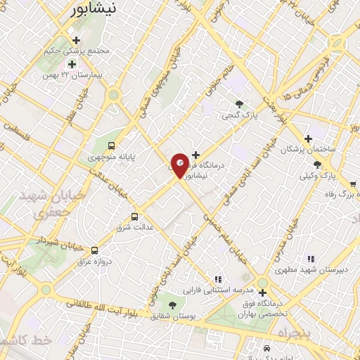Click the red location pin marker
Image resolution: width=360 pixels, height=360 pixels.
click(x=180, y=164)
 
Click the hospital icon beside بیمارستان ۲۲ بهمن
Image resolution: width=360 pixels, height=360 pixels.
click(x=71, y=65)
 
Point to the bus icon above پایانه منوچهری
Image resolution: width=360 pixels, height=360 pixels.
click(x=112, y=145)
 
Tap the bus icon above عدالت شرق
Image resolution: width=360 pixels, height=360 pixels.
click(x=135, y=217)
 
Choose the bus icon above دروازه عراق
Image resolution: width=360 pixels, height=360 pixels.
click(x=94, y=250)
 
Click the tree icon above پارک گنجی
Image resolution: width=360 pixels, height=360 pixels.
click(x=240, y=102)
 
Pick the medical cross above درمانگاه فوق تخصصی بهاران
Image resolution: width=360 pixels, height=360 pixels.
click(x=262, y=292)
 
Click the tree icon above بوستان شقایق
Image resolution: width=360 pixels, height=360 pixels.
click(x=172, y=304)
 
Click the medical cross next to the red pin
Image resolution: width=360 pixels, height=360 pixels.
click(x=195, y=155)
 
